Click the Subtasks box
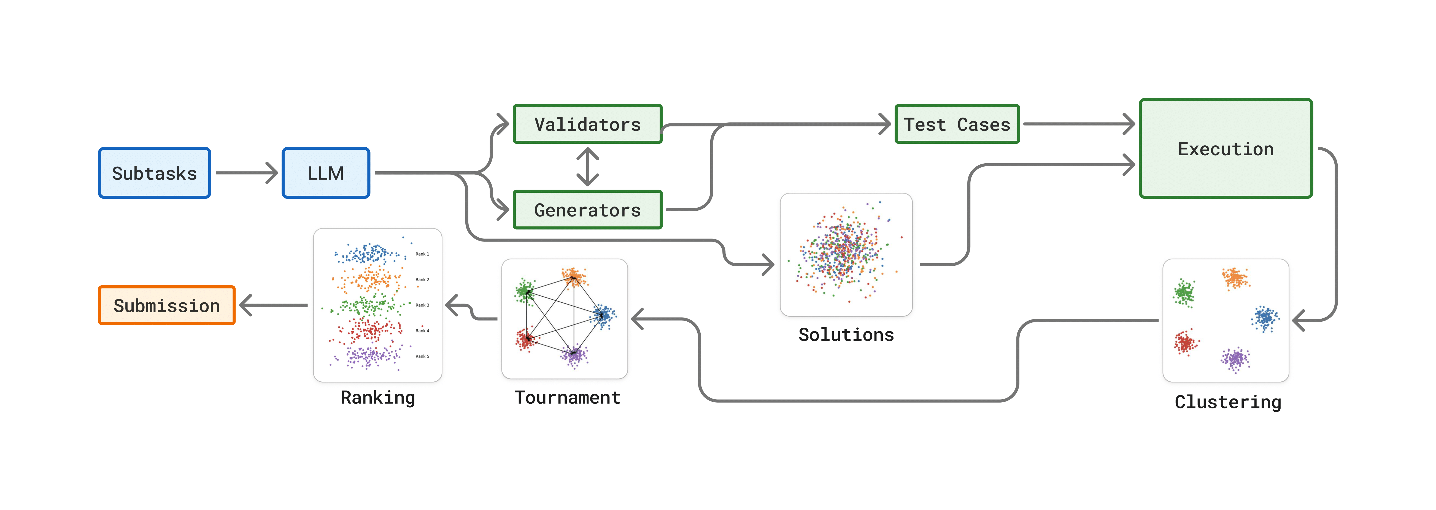click(x=154, y=173)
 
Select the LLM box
click(x=326, y=173)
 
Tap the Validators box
click(x=588, y=124)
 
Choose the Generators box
click(x=588, y=210)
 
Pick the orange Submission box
click(x=167, y=305)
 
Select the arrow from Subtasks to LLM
click(x=246, y=173)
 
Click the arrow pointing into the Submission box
click(x=273, y=305)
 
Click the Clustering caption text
click(x=1227, y=402)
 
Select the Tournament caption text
click(x=567, y=397)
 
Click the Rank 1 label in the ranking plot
click(x=422, y=254)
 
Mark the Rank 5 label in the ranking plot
click(x=422, y=356)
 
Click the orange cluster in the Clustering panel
click(x=1235, y=278)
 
